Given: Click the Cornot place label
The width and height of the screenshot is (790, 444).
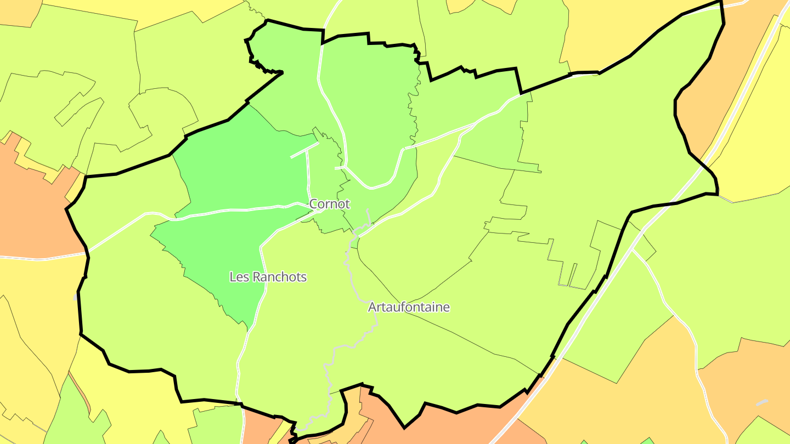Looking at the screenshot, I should pyautogui.click(x=329, y=204).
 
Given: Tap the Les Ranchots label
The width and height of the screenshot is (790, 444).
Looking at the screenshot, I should pyautogui.click(x=268, y=277).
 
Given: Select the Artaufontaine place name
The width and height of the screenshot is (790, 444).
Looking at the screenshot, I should pyautogui.click(x=409, y=307).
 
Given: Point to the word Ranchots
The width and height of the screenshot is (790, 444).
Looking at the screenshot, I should pyautogui.click(x=279, y=277).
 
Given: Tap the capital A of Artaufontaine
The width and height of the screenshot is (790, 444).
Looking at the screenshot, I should pyautogui.click(x=373, y=307).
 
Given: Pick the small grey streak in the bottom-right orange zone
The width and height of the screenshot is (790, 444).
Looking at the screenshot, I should pyautogui.click(x=761, y=402).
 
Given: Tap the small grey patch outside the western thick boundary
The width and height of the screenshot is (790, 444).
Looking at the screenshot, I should pyautogui.click(x=75, y=297).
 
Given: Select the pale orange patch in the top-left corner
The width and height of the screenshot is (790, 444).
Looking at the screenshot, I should pyautogui.click(x=16, y=11).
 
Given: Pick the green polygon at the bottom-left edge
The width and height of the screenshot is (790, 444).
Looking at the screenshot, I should pyautogui.click(x=71, y=411).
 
